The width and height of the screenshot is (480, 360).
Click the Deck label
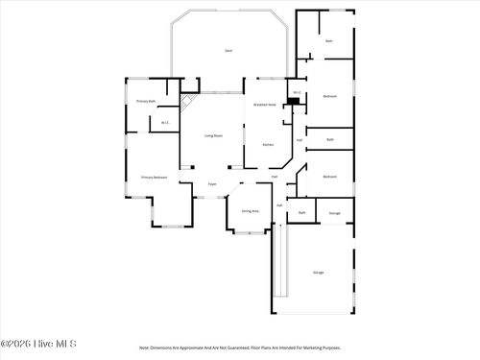pos(228,50)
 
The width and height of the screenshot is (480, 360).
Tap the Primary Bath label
pos(146,101)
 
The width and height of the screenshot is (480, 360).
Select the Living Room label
pos(213,136)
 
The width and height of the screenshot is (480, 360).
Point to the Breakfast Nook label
pos(265,105)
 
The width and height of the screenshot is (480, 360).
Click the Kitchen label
pos(268,145)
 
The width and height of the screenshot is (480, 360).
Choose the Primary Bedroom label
pos(154,178)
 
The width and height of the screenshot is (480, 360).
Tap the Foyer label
pos(212,184)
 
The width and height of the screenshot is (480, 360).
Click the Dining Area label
pos(250,210)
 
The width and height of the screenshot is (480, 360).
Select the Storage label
pos(335,213)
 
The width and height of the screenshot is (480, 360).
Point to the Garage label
pos(318,273)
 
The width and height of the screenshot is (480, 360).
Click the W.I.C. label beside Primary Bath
pos(165,122)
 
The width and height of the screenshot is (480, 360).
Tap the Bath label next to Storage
pos(302,213)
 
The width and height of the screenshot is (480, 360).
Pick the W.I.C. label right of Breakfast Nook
pos(298,93)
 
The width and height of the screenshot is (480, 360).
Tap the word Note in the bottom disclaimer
pos(144,348)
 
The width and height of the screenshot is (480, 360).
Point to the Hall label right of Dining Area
pos(280,205)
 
